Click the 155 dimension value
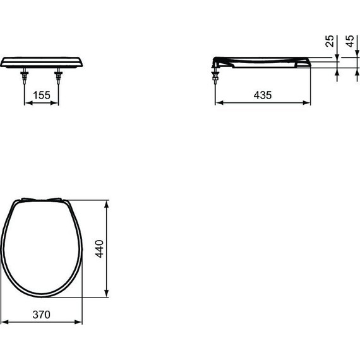click(41, 95)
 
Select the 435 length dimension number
click(263, 95)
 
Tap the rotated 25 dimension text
click(329, 42)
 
